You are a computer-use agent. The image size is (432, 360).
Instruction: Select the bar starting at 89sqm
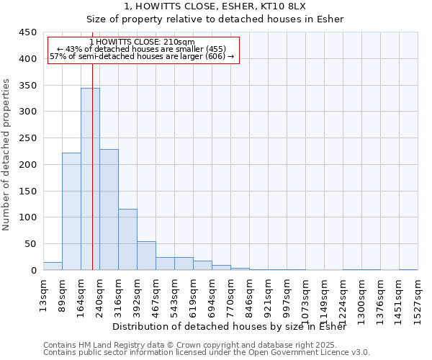[x=71, y=212]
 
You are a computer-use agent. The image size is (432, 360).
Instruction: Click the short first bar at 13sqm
[x=53, y=266]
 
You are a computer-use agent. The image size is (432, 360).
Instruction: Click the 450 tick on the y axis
[x=28, y=32]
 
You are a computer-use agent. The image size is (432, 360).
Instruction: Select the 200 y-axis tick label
[x=28, y=164]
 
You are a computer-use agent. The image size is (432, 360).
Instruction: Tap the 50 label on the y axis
[x=31, y=244]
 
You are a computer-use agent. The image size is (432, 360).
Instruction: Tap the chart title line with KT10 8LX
[x=215, y=6]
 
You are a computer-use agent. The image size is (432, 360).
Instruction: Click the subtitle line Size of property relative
[x=215, y=19]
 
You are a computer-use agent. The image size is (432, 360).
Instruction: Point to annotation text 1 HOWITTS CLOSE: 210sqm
[x=143, y=42]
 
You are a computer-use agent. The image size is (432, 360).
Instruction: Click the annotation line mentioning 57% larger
[x=143, y=56]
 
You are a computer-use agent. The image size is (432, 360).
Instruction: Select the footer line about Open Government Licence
[x=207, y=352]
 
